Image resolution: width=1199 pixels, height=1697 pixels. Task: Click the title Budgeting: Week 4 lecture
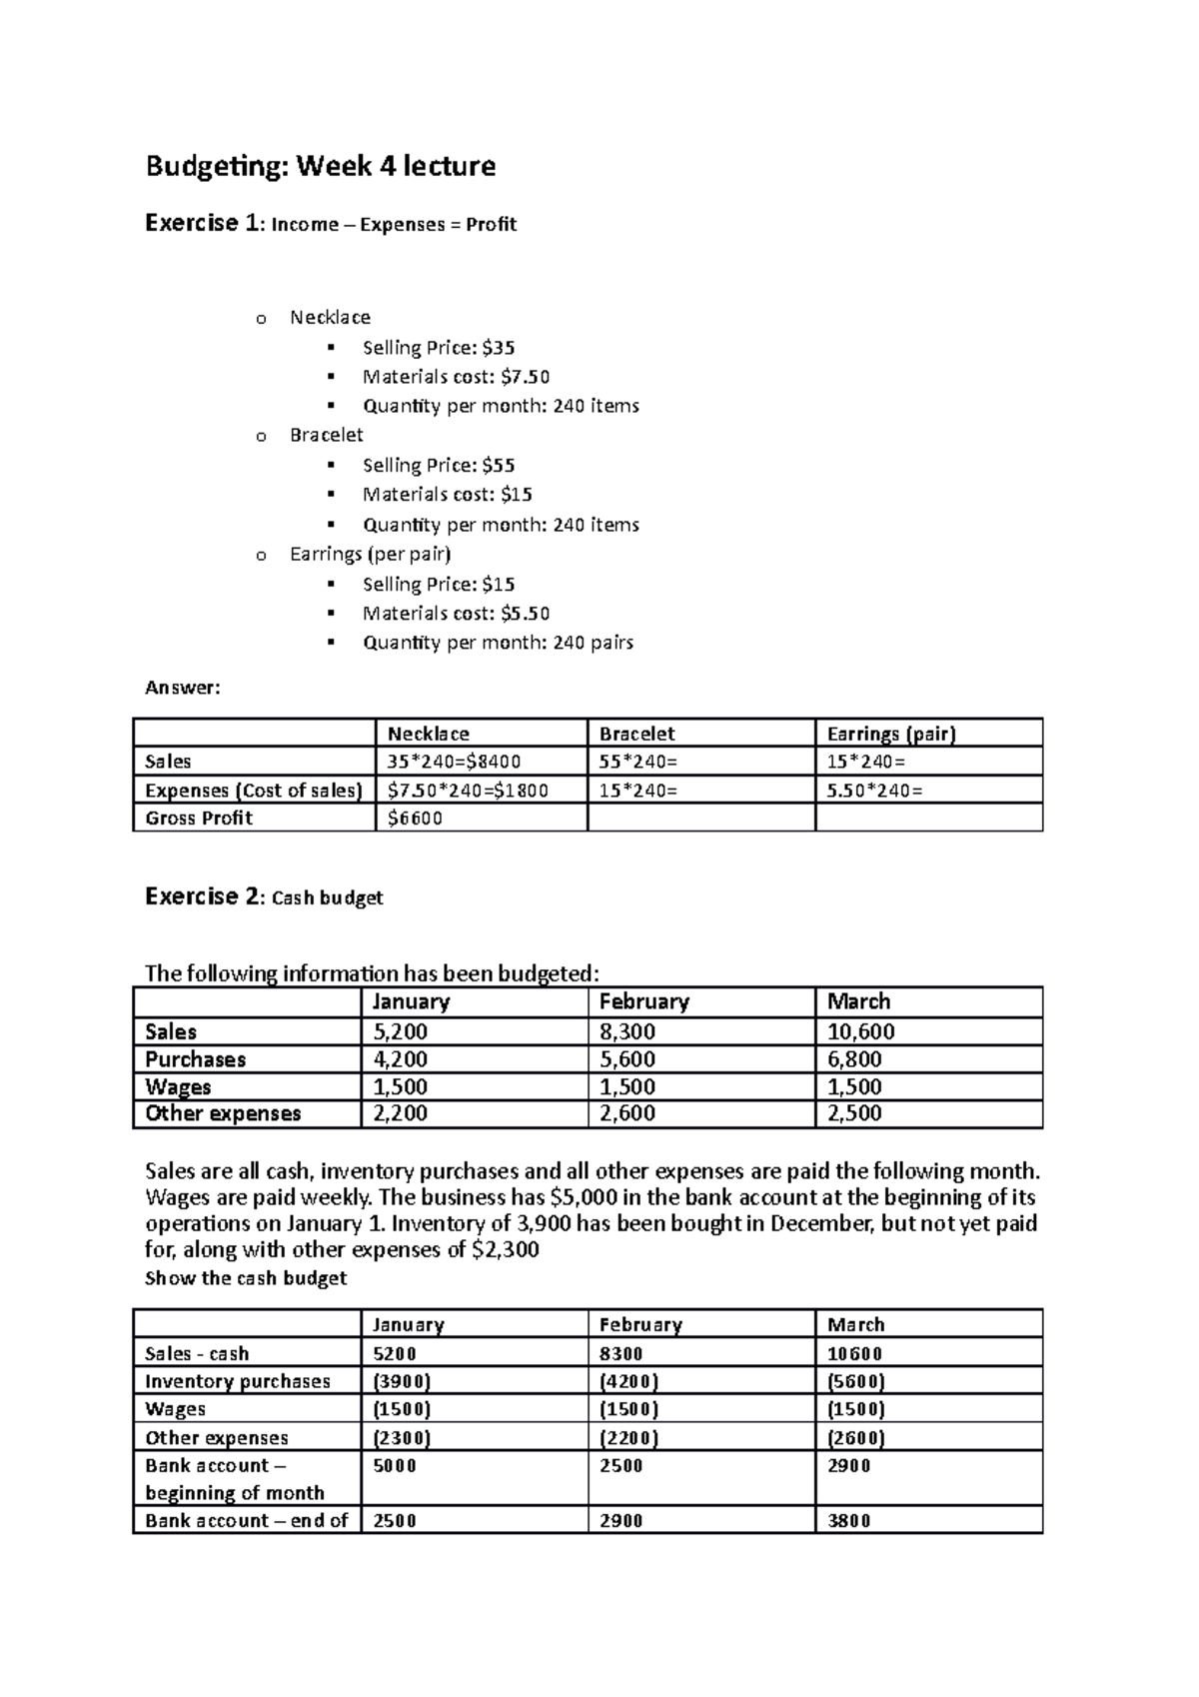click(x=320, y=165)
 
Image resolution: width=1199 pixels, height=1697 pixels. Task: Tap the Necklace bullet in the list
click(x=330, y=317)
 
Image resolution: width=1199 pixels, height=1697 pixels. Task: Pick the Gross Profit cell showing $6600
click(x=415, y=818)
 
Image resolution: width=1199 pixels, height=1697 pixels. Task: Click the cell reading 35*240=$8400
click(x=455, y=762)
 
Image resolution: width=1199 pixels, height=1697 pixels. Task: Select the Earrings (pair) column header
click(x=891, y=734)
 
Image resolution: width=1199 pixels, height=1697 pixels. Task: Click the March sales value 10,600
click(x=861, y=1031)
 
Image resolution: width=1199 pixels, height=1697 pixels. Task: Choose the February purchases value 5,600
click(x=627, y=1059)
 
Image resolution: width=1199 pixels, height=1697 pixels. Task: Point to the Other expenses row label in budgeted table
click(x=223, y=1113)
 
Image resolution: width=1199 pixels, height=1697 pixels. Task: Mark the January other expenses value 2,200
click(x=400, y=1113)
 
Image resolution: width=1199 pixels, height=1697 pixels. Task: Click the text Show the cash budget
click(x=246, y=1278)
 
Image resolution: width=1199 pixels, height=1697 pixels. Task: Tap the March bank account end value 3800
click(x=849, y=1520)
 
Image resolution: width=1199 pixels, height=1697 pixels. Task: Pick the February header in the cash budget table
click(x=640, y=1324)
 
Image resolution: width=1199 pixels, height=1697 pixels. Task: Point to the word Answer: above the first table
click(x=182, y=688)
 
